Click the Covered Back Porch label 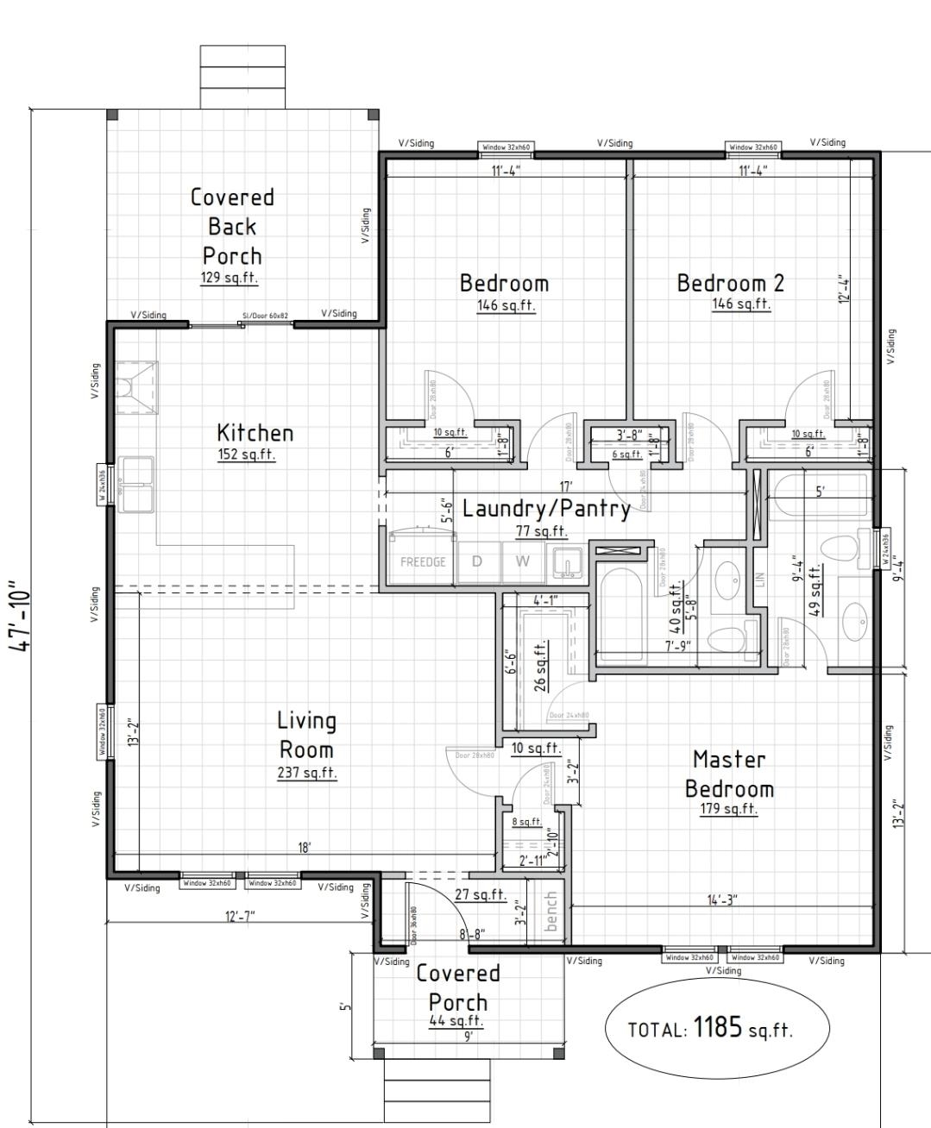coord(232,226)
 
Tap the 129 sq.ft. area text coord(230,279)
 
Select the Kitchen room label coord(255,432)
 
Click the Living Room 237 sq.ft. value coord(307,773)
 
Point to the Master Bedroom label coord(729,774)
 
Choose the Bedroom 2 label coord(730,283)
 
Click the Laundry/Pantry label coord(546,508)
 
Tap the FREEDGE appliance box coord(423,562)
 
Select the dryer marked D coord(476,561)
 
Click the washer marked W coord(523,561)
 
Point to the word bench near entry coord(551,911)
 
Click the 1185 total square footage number coord(718,1027)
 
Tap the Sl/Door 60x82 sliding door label coord(265,316)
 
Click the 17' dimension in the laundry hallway coord(565,487)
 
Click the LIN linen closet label coord(759,579)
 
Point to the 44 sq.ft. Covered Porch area coord(456,1021)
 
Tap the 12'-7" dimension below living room coord(239,916)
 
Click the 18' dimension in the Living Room coord(304,848)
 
